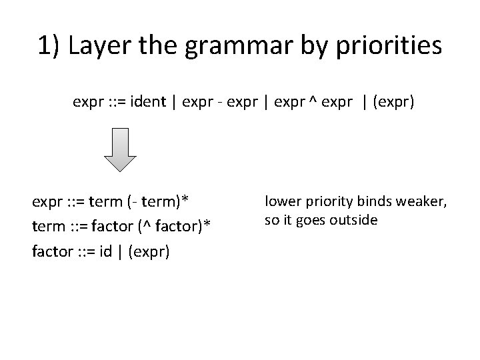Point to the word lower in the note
pos(281,201)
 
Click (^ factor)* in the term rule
pos(174,227)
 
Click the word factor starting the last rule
pos(50,252)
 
